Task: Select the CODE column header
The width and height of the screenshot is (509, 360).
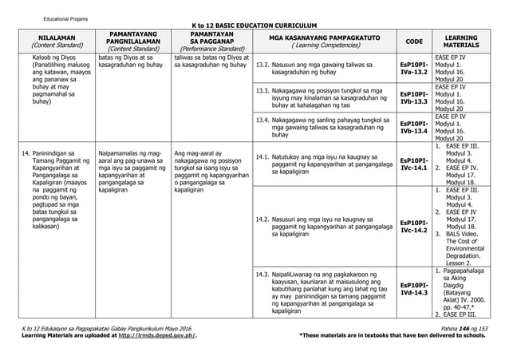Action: (x=415, y=42)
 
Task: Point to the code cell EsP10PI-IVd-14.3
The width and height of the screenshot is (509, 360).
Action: (x=414, y=288)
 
